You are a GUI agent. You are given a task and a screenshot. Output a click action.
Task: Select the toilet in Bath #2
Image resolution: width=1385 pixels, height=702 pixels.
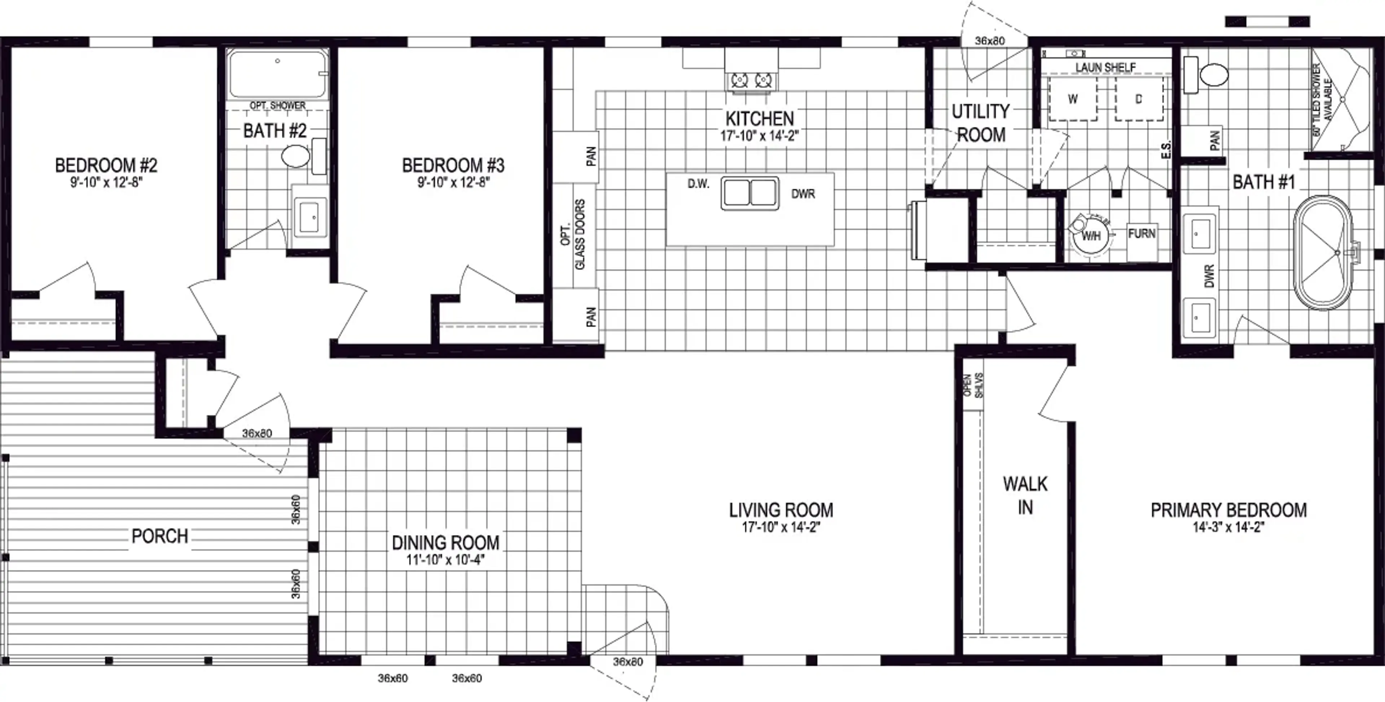(x=304, y=156)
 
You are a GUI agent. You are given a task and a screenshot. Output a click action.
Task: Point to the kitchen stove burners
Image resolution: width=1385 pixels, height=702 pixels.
(x=751, y=81)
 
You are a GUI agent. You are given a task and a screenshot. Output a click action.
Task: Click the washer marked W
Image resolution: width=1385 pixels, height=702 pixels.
(x=1073, y=98)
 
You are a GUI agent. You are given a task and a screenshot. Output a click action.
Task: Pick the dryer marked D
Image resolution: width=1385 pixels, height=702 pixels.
(x=1139, y=98)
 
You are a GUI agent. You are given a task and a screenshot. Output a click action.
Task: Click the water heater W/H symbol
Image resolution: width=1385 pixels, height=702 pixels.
(x=1090, y=234)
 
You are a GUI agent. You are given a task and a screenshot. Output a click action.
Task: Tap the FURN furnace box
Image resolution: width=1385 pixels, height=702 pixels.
(x=1142, y=233)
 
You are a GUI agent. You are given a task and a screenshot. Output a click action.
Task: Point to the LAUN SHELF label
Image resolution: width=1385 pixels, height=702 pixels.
(x=1105, y=67)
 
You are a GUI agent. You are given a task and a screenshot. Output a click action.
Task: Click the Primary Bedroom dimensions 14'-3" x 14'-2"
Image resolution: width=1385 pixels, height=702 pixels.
(x=1228, y=527)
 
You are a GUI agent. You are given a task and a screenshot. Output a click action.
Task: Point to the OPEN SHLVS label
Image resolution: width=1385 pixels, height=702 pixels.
(x=973, y=385)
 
